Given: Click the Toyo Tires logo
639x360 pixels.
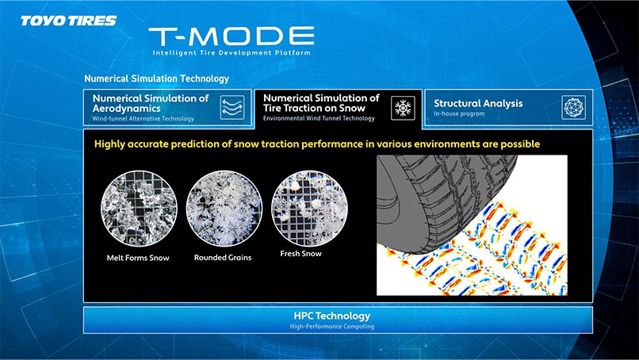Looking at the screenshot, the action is click(68, 21).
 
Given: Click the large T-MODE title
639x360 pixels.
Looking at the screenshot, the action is click(231, 36).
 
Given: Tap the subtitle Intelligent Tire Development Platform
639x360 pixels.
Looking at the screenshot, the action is click(231, 52).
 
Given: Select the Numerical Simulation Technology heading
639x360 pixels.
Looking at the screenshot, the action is click(156, 79).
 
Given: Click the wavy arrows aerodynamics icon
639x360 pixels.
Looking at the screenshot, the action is click(232, 107).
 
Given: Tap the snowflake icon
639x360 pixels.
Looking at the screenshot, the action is click(403, 108).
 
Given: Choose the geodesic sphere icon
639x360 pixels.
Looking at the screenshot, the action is click(573, 108).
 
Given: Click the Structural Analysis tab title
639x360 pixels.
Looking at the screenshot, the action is click(478, 103).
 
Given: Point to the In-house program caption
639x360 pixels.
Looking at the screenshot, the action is click(459, 113).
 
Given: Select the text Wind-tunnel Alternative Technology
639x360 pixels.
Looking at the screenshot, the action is click(143, 119).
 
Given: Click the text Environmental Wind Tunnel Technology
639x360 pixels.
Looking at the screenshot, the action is click(319, 118).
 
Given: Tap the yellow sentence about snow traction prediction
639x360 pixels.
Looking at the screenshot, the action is click(317, 144).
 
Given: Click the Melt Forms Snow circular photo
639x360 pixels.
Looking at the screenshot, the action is click(139, 208).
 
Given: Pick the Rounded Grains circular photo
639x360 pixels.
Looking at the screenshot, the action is click(224, 208).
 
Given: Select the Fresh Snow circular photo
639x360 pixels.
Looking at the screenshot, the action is click(309, 208).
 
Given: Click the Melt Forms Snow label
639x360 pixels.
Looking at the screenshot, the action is click(138, 258).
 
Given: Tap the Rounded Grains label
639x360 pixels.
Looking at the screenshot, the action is click(223, 257).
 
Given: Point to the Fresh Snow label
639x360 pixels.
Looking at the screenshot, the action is click(300, 253).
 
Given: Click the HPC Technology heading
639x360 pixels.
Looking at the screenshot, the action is click(331, 316).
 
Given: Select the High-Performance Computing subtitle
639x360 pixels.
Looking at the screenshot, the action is click(332, 326).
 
